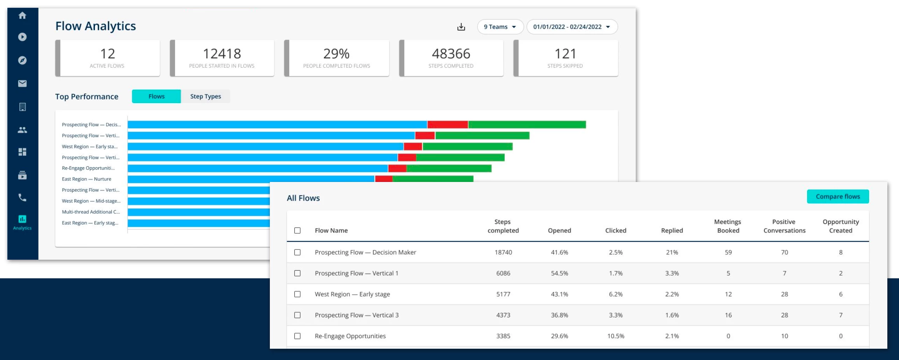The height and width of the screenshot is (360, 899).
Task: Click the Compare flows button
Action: pos(838,197)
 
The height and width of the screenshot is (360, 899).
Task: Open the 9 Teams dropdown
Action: pos(500,27)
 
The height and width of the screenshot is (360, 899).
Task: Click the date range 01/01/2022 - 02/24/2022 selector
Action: pos(572,27)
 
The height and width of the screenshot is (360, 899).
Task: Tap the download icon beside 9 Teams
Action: pos(461,27)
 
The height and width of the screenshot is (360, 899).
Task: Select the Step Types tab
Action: pos(205,96)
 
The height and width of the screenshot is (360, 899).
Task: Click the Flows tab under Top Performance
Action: pos(156,96)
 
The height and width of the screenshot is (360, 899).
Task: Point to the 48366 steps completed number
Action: pos(451,54)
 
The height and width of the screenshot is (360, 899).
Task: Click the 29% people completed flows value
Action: pos(336,54)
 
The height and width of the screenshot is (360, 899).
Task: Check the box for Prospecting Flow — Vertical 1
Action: pos(297,273)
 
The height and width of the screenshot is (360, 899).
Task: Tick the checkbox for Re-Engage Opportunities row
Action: pos(297,336)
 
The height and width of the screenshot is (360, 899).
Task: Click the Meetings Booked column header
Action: pos(728,226)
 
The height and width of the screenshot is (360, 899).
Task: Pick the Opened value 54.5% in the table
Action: pos(559,273)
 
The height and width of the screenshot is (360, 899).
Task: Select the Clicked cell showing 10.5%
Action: pos(616,336)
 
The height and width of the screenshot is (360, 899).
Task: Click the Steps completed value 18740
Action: pos(503,252)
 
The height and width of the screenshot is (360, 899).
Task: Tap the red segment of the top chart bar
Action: pos(448,125)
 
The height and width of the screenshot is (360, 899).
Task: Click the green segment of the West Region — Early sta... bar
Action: pos(467,147)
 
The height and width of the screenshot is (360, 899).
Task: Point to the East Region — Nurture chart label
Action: pos(86,179)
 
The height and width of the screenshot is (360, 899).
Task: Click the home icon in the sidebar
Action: pos(23,16)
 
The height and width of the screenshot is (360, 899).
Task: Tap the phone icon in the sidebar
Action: pos(23,197)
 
